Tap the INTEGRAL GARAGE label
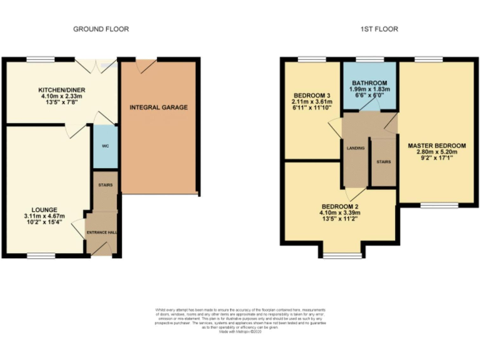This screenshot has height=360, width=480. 159,107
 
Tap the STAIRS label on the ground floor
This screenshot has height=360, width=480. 104,186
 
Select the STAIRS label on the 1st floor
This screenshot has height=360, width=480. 383,162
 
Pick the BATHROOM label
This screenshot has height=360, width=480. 369,83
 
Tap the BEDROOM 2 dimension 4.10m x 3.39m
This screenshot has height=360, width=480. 341,213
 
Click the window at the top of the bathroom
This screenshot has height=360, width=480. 369,59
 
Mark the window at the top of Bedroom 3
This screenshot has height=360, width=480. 307,59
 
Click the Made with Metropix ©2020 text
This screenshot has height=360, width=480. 240,331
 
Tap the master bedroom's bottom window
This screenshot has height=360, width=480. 432,204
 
